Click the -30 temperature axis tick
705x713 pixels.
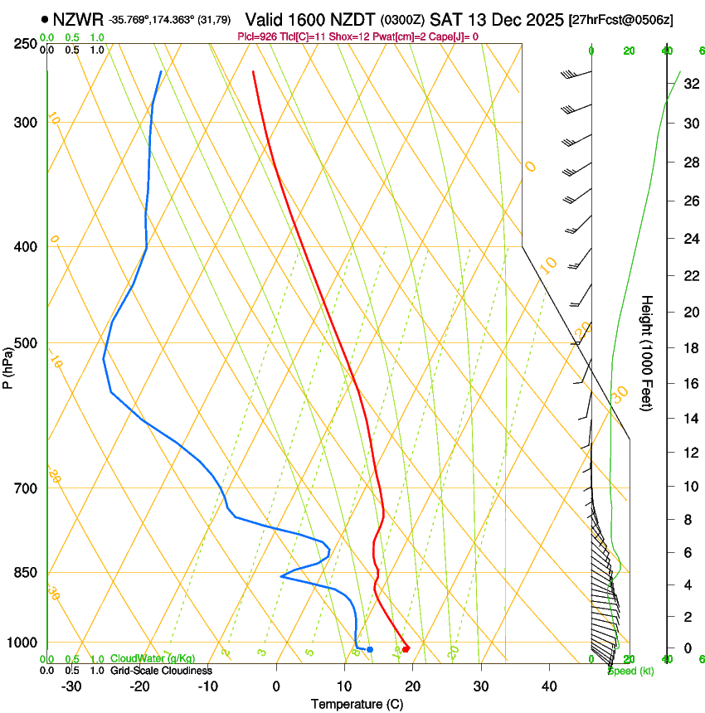[71, 686]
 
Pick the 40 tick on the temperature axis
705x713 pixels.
[548, 686]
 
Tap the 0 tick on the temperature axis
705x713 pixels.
[276, 686]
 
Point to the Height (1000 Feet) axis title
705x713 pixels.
[647, 353]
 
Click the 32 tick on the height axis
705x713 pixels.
[690, 84]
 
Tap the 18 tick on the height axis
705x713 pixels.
[690, 348]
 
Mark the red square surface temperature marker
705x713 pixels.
[406, 649]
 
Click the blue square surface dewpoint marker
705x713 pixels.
[370, 649]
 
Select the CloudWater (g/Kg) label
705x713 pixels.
[148, 659]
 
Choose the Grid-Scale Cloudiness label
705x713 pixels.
[161, 670]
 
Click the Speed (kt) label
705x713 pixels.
[630, 670]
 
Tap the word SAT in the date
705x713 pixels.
[446, 18]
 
